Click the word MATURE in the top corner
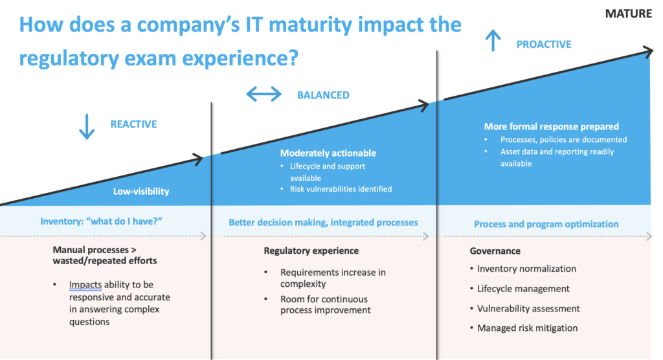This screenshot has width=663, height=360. click(629, 14)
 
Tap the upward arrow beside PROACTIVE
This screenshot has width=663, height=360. click(493, 42)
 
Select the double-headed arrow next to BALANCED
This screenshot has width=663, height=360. click(264, 95)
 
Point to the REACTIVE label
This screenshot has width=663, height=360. click(133, 124)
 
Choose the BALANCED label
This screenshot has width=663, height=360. click(323, 95)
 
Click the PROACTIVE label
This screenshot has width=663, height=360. click(544, 45)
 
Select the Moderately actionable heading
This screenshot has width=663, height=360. click(328, 153)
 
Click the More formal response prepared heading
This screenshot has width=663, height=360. click(552, 127)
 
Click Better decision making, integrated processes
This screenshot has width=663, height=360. click(323, 222)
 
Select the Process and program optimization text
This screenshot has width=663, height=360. click(546, 224)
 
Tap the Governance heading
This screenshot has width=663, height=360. click(495, 251)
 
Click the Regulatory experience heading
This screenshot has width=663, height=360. click(311, 251)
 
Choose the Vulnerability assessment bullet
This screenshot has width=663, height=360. click(528, 309)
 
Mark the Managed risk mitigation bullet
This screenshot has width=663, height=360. click(527, 328)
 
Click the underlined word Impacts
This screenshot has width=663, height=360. click(85, 285)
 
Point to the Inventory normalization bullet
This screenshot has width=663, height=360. click(526, 269)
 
